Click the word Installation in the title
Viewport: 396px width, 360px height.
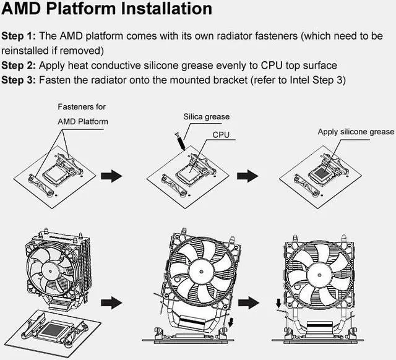point(166,8)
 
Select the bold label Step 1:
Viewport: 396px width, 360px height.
point(19,36)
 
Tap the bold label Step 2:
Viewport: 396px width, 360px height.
point(19,66)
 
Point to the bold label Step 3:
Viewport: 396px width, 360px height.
point(19,80)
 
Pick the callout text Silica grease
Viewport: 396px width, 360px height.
point(206,117)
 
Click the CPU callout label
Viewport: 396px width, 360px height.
point(221,135)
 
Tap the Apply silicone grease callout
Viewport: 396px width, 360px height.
point(356,132)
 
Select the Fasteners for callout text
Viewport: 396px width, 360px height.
point(82,107)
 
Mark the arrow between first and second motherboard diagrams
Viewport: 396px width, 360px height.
point(111,176)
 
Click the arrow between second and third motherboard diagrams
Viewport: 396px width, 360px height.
point(247,176)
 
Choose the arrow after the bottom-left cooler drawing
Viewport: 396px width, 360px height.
point(111,302)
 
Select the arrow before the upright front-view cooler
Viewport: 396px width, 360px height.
point(249,302)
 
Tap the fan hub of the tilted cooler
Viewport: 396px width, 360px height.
point(201,272)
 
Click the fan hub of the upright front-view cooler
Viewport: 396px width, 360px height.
point(319,275)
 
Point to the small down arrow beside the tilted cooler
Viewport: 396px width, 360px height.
point(231,322)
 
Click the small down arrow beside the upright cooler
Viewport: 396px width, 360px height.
point(278,303)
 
